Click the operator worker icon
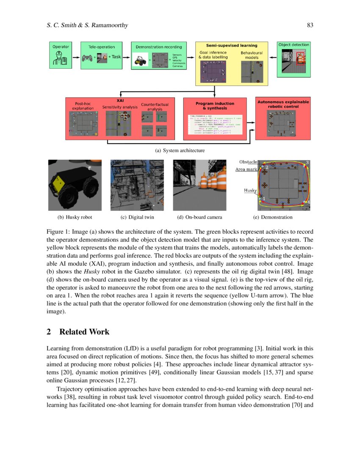point(58,58)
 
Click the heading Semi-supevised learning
point(231,45)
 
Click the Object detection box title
point(294,44)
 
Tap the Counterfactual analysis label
point(155,107)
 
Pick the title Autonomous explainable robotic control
point(283,104)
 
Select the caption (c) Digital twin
point(137,217)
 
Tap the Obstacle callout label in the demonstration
point(248,162)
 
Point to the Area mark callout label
point(246,169)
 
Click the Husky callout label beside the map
point(250,191)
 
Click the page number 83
point(310,25)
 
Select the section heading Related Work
point(84,332)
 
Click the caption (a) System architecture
point(180,150)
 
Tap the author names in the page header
point(87,25)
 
